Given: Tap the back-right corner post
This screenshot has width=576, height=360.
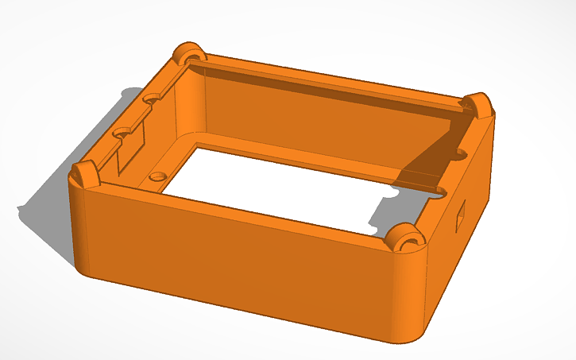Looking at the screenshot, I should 478,104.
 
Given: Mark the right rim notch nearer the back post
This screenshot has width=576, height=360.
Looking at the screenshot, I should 459,152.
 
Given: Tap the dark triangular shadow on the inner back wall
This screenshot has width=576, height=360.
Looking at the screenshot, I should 429,159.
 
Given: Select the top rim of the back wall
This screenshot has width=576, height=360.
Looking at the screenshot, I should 334,79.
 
